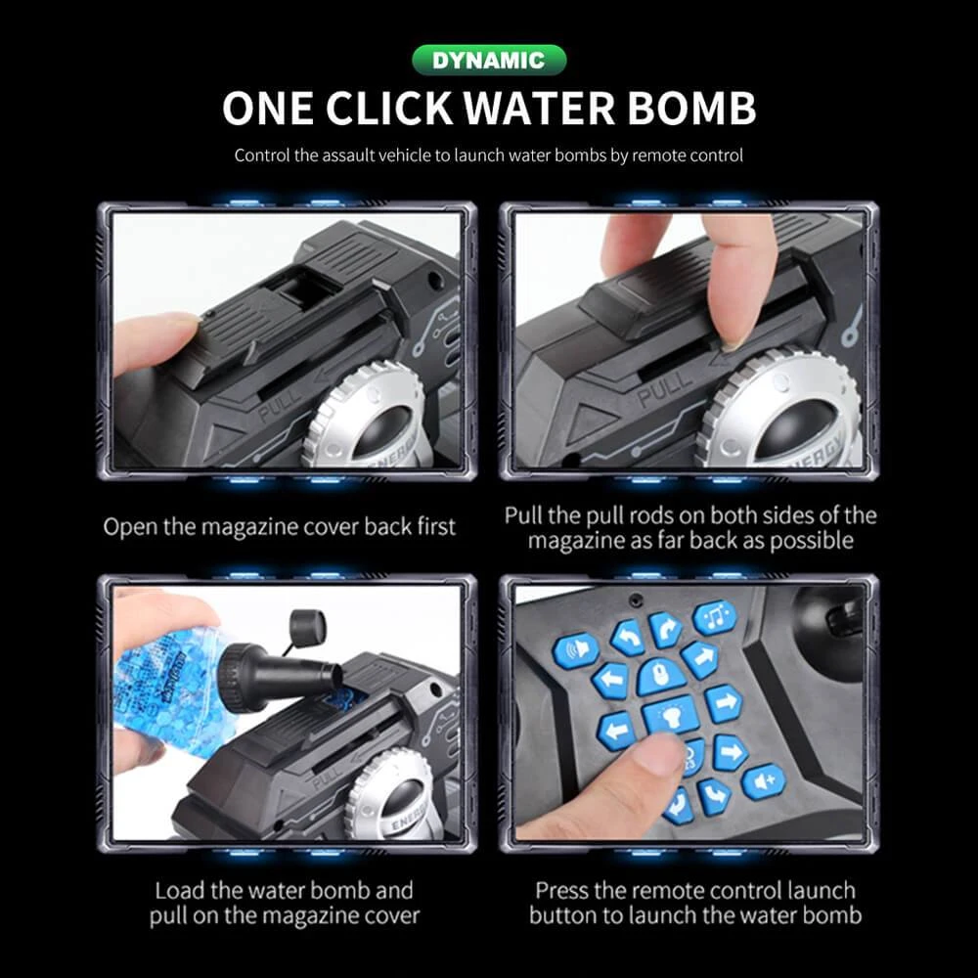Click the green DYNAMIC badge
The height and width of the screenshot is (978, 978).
pos(488,60)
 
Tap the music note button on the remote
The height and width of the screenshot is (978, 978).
pos(715,617)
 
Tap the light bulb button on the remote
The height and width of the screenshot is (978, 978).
pos(669,716)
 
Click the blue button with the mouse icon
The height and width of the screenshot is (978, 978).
pos(657,676)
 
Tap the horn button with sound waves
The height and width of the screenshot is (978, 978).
pos(575,649)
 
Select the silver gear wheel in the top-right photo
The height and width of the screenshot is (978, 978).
pos(782,411)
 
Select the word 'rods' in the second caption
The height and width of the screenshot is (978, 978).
pos(665,515)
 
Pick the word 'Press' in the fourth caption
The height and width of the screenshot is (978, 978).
pos(562,891)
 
